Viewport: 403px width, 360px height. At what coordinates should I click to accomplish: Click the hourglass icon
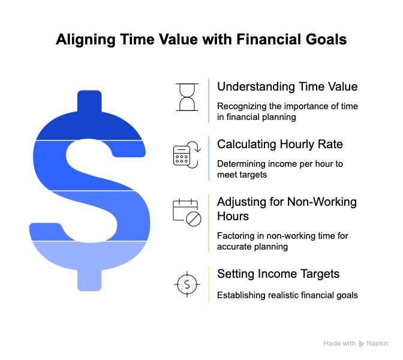click(187, 97)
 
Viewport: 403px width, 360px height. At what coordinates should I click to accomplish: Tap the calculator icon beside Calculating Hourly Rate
click(187, 155)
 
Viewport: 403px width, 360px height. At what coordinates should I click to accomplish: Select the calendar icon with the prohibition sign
click(187, 212)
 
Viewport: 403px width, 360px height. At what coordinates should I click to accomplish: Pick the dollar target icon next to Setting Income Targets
click(187, 284)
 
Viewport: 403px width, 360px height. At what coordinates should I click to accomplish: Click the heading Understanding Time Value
click(287, 86)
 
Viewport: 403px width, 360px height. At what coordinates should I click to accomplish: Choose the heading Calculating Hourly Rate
click(280, 144)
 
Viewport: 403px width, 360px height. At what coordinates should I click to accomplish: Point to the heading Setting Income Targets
click(278, 274)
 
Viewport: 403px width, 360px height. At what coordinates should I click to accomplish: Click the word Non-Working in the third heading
click(322, 202)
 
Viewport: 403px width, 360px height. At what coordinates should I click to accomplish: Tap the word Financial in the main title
click(269, 40)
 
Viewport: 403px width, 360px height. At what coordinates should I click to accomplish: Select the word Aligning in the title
click(86, 40)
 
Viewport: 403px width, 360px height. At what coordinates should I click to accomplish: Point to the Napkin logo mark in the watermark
click(361, 344)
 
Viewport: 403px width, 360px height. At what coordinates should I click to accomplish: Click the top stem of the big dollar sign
click(89, 101)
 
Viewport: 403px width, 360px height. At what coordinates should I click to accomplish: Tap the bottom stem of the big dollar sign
click(89, 280)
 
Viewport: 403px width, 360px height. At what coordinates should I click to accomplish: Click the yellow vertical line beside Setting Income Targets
click(209, 284)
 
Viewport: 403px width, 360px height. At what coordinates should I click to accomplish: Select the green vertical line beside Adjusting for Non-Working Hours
click(209, 223)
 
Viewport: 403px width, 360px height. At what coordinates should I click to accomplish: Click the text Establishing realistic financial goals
click(287, 295)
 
